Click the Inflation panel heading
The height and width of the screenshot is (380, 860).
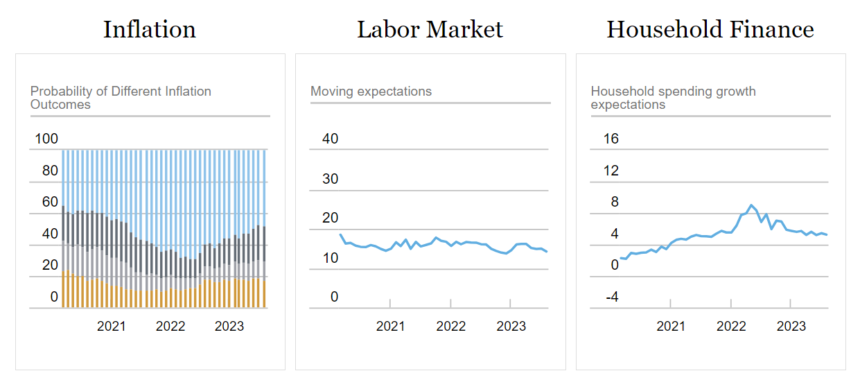(150, 29)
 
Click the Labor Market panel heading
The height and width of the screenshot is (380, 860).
(430, 29)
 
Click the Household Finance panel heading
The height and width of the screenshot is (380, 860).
(710, 29)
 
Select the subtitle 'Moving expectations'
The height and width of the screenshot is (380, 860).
(371, 92)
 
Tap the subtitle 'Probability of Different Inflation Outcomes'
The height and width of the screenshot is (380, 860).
(121, 98)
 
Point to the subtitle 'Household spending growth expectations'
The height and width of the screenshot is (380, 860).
(673, 98)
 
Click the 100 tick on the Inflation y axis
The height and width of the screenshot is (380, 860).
(46, 139)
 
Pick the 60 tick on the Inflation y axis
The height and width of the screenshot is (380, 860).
(50, 202)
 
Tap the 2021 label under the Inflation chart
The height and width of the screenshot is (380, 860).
(112, 326)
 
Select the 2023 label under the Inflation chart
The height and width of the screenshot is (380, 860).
(229, 326)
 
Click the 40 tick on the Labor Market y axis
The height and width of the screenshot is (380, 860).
(330, 139)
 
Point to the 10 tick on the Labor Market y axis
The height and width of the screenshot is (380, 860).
(330, 259)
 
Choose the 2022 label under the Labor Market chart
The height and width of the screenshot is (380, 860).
(450, 326)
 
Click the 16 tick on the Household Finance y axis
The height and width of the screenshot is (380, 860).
(611, 139)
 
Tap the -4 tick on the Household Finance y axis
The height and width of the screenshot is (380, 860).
(611, 297)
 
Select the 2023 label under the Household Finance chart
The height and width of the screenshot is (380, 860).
(791, 326)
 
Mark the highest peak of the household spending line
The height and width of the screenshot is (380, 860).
(751, 205)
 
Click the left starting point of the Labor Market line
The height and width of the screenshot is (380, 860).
(340, 234)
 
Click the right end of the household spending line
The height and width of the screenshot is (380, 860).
(827, 235)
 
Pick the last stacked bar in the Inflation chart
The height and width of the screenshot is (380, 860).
(264, 229)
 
